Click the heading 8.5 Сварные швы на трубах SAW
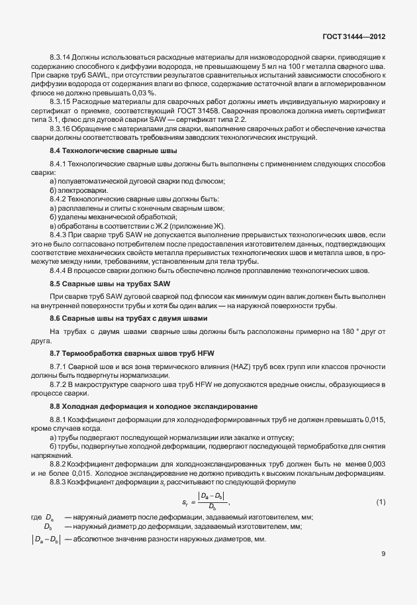pos(101,283)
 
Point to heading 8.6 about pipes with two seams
pos(116,320)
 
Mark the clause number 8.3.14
pos(61,58)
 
